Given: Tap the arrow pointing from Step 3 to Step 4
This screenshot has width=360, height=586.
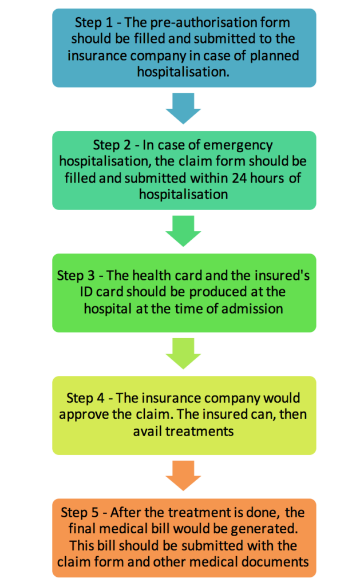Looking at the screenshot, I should point(184,354).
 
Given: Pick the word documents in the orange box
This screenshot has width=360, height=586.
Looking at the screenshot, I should point(274,561).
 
